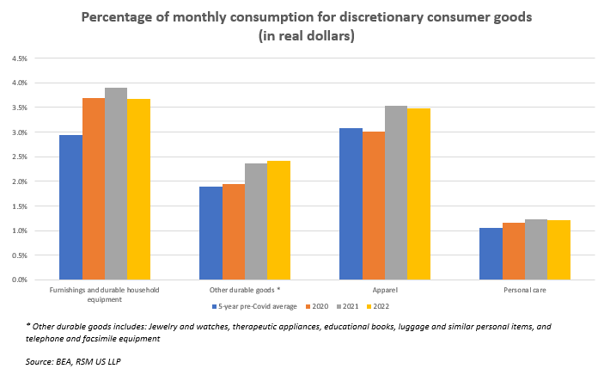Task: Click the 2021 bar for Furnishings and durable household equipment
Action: coord(116,184)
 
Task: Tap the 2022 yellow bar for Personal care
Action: coord(559,250)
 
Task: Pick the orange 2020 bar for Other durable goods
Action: coord(234,232)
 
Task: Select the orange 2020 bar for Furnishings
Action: coord(93,189)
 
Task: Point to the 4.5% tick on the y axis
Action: coord(18,58)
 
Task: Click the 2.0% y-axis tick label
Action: coord(18,181)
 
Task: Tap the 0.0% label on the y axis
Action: coord(18,280)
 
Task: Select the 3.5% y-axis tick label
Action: coord(18,108)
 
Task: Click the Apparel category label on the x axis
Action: coord(385,291)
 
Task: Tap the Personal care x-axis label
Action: coord(525,291)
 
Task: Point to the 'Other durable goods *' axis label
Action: coord(245,291)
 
